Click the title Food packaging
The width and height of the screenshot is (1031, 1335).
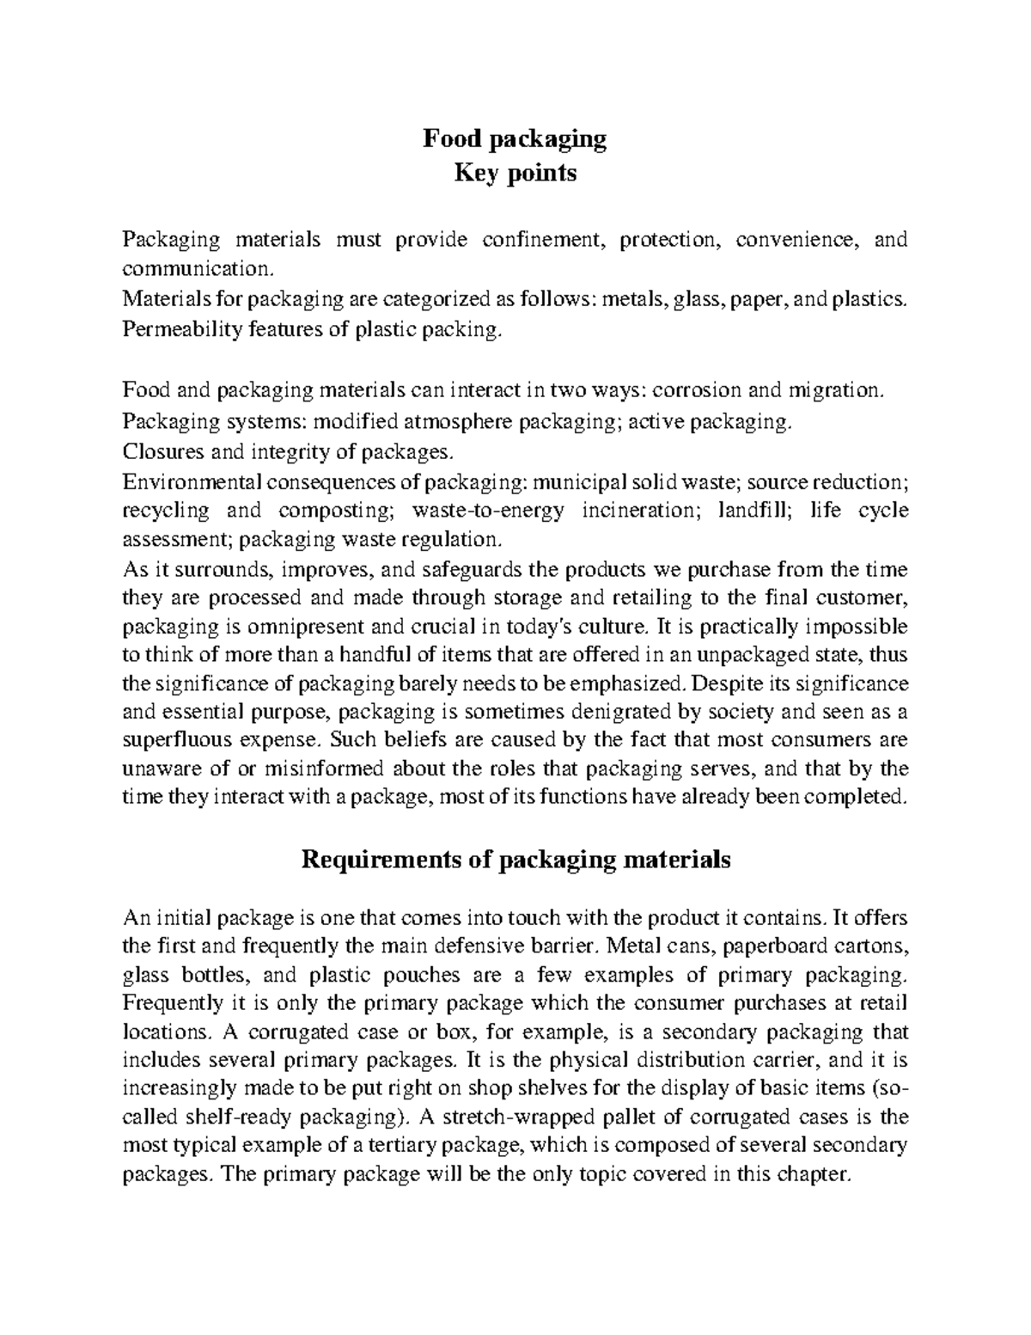[515, 139]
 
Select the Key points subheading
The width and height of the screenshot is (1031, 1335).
[515, 174]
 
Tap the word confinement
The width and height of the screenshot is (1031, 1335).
[544, 240]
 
